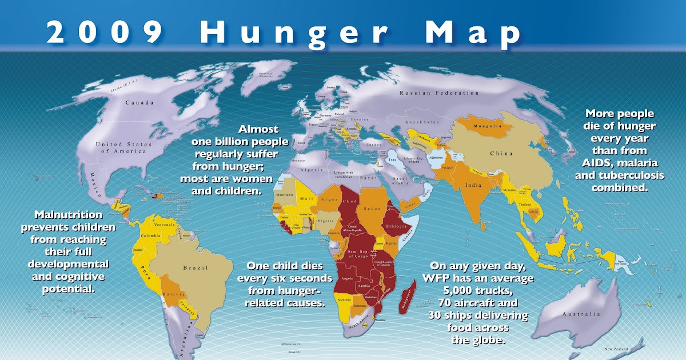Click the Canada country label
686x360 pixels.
tap(139, 103)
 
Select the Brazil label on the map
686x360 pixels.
tap(196, 267)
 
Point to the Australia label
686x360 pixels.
tap(581, 314)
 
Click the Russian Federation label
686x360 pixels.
tap(439, 93)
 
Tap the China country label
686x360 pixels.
tap(501, 153)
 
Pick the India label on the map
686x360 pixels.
tap(473, 185)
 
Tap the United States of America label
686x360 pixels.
tap(121, 147)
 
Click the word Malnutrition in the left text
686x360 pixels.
tap(69, 215)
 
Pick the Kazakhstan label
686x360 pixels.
tap(421, 123)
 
